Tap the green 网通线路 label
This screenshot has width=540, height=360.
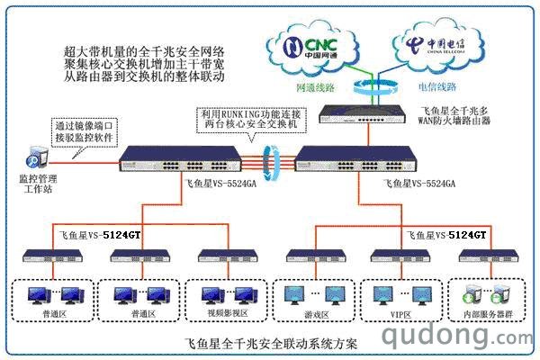(317, 88)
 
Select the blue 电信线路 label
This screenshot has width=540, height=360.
(437, 87)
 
